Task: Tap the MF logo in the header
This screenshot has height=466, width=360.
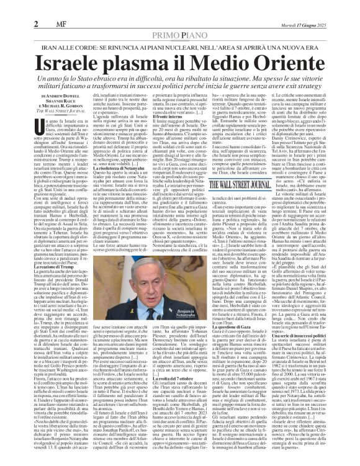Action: pos(28,7)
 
